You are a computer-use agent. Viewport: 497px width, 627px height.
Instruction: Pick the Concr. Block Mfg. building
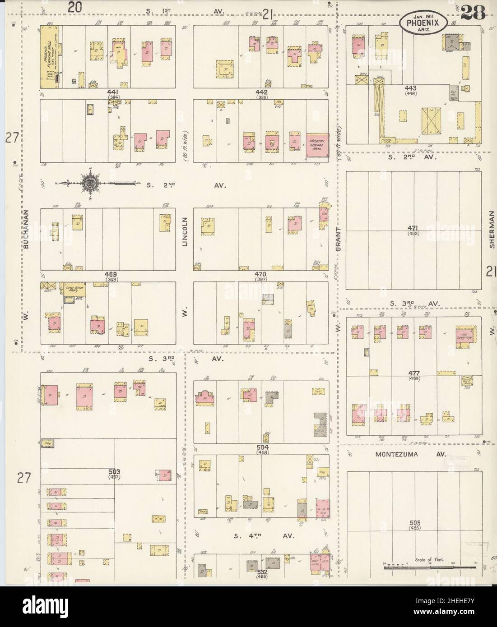click(74, 291)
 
